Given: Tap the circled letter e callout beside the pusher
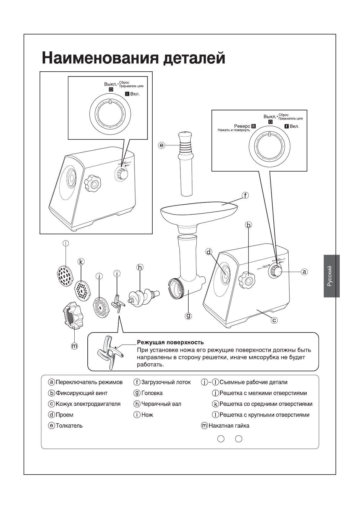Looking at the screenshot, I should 162,145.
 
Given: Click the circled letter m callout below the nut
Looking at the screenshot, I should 74,346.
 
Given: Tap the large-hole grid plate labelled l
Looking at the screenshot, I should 65,275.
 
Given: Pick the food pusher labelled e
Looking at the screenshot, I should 185,163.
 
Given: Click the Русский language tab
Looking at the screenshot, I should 331,276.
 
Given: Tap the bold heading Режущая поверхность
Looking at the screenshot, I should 170,342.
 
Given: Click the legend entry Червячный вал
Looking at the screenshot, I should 161,404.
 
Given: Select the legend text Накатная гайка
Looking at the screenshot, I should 229,426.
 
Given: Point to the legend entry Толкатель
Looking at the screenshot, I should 69,426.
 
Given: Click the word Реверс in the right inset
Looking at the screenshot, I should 242,126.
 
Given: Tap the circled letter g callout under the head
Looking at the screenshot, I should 188,316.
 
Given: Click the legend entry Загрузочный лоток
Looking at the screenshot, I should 166,382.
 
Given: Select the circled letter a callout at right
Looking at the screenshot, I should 304,272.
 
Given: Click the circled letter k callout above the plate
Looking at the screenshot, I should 81,262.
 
